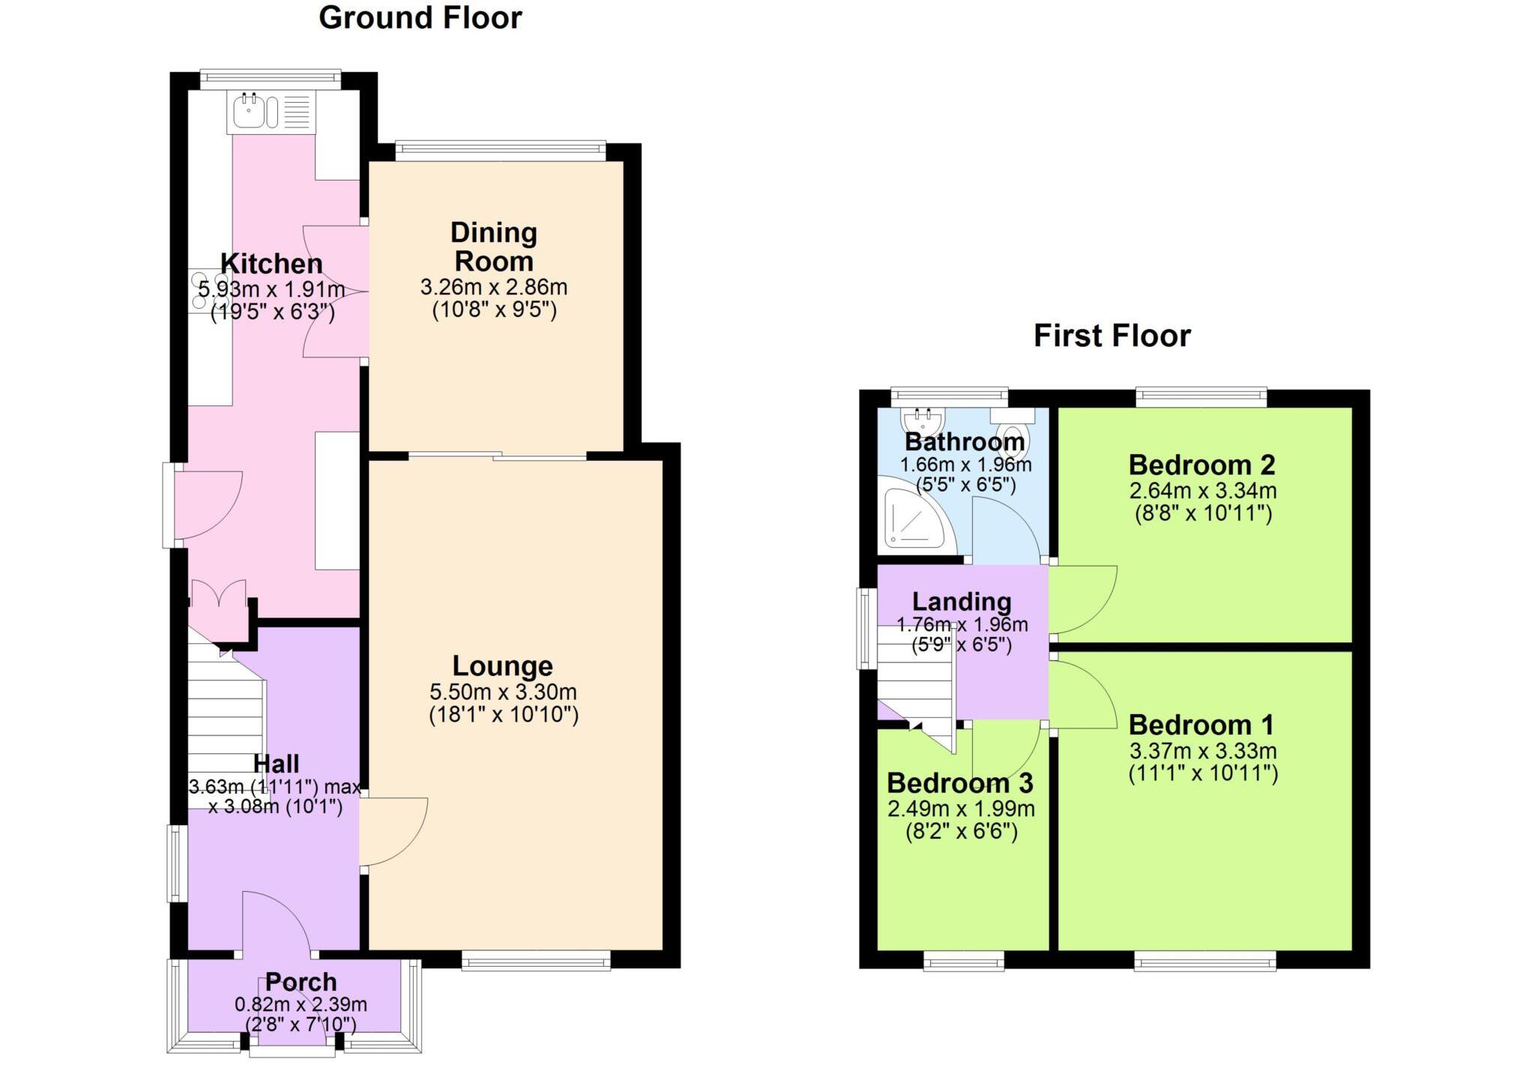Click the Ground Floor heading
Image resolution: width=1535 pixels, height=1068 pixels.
pos(420,18)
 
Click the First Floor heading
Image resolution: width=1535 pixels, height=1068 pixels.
pos(1112,336)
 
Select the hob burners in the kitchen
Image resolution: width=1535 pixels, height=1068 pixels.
pos(201,291)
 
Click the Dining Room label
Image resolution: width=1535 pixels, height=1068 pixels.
pos(493,247)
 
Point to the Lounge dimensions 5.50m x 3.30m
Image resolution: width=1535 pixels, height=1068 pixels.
pos(503,692)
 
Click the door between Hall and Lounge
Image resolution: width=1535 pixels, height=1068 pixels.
pos(391,832)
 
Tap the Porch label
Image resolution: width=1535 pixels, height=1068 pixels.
pos(301,982)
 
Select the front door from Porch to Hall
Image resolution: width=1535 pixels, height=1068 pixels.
pos(276,923)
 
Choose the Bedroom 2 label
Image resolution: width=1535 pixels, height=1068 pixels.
pos(1201,465)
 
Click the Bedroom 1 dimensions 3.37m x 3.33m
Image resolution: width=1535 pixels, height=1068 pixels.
pos(1202,751)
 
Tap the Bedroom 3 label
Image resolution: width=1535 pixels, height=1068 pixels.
pos(959,783)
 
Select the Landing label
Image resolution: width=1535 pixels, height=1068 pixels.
pos(962,602)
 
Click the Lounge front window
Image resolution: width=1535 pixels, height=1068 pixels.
pos(536,961)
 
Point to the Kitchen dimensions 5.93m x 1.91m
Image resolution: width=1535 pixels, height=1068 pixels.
pos(271,289)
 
